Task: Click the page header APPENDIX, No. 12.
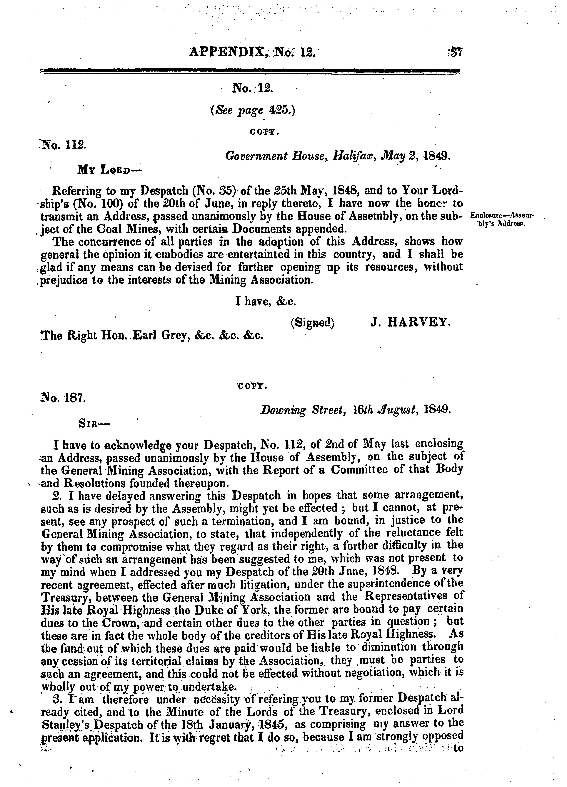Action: pyautogui.click(x=252, y=53)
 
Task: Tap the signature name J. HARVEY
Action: pyautogui.click(x=410, y=323)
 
